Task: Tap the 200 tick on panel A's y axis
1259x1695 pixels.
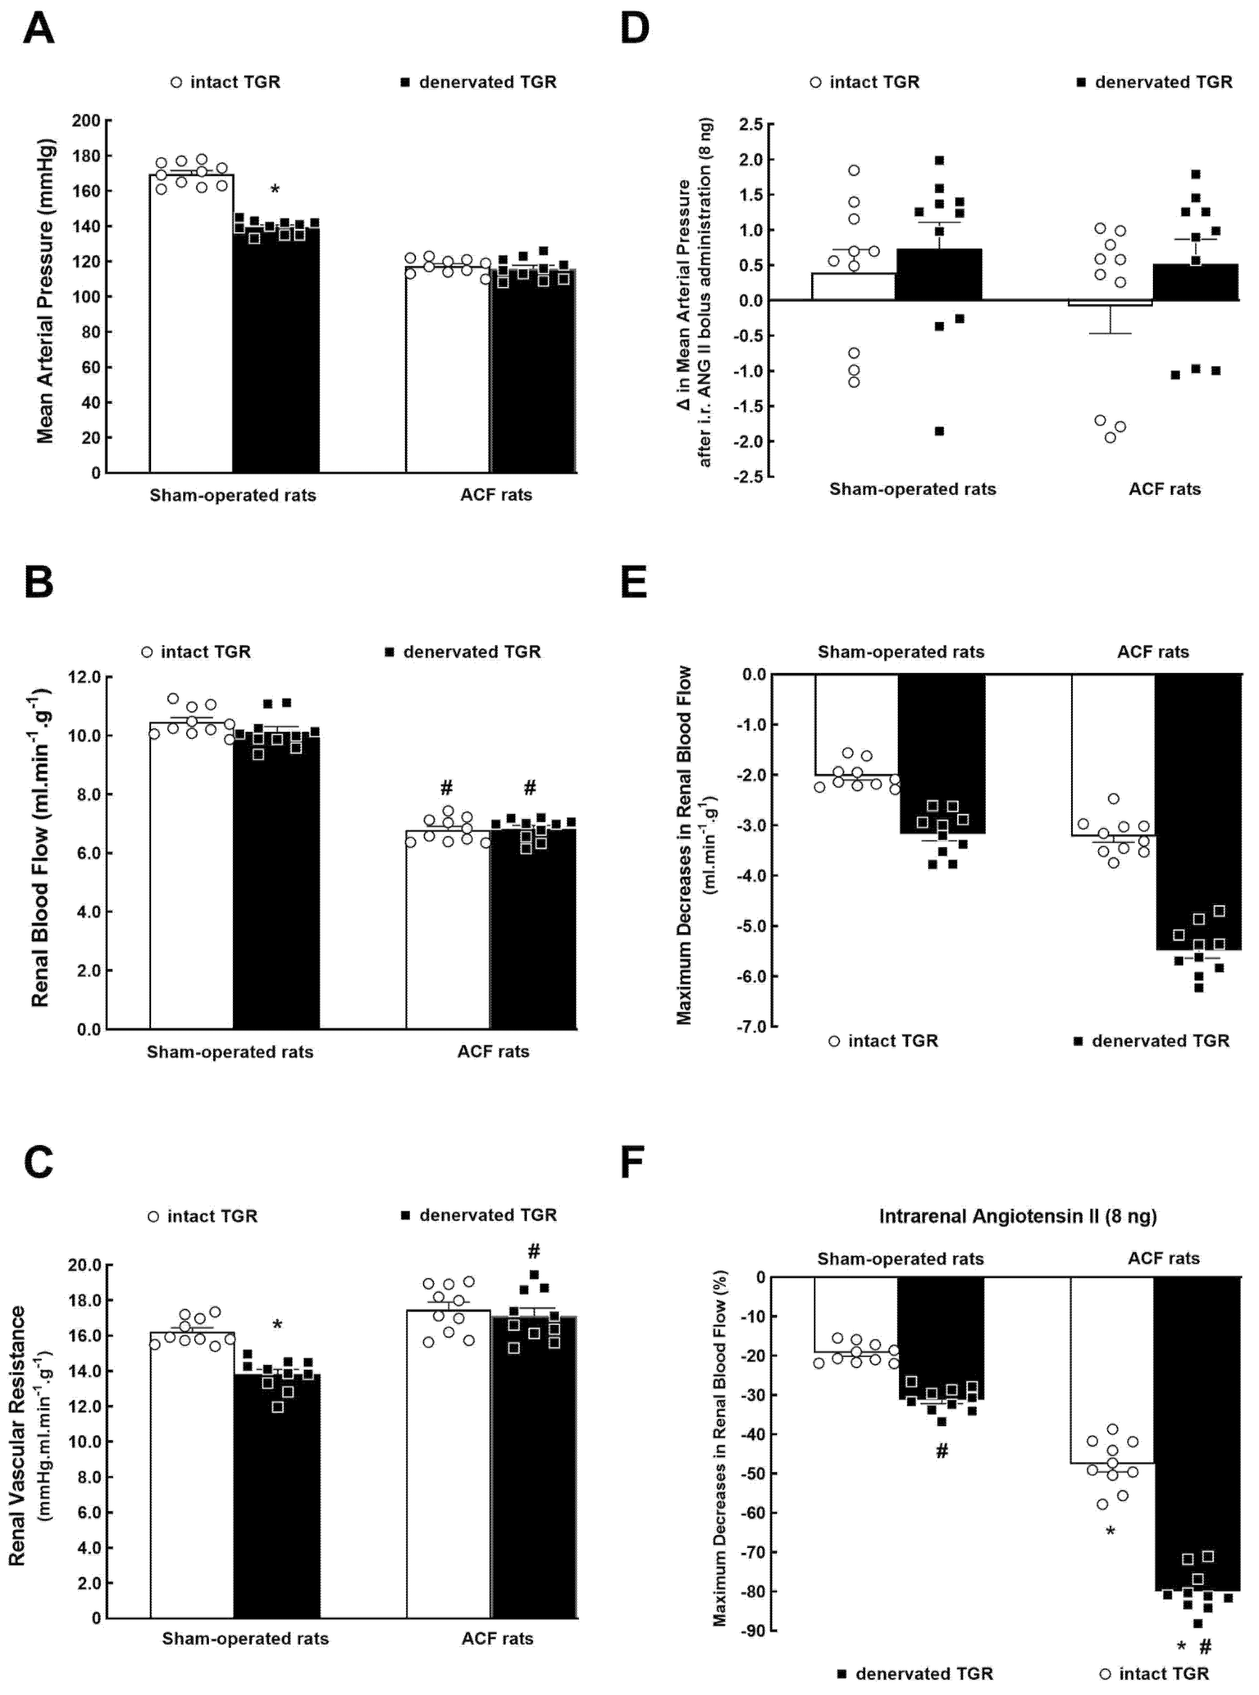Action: click(x=86, y=120)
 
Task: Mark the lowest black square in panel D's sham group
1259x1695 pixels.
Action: click(x=940, y=431)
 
